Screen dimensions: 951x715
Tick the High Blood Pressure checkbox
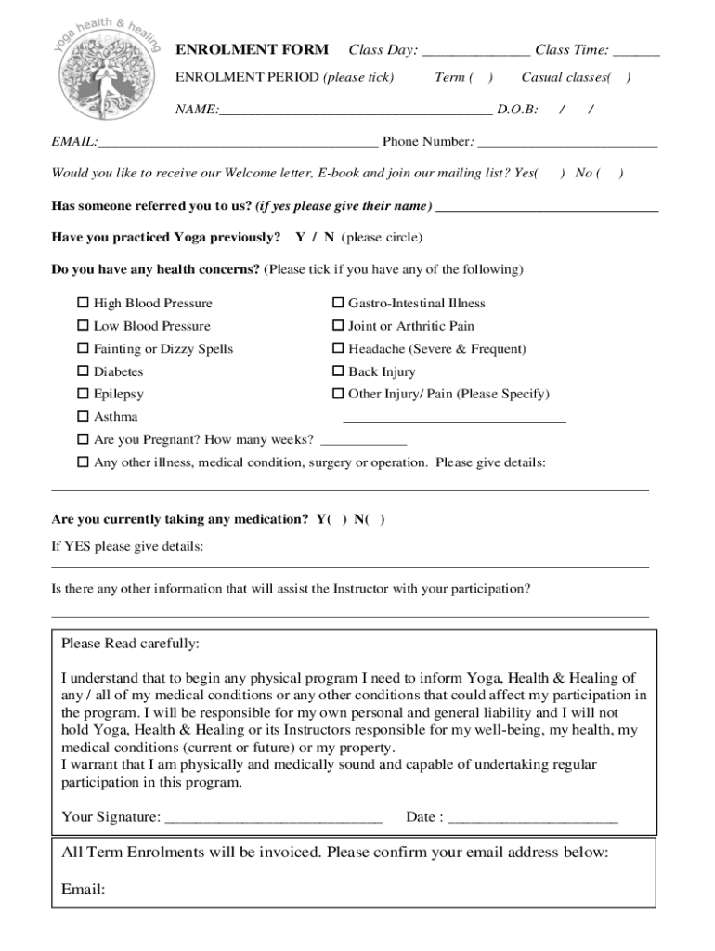[83, 303]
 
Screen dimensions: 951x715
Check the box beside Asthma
[83, 417]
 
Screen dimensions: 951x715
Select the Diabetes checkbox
[83, 371]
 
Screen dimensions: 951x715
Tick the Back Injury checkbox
[339, 371]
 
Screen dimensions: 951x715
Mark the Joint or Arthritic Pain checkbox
[339, 326]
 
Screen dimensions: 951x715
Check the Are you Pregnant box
[83, 439]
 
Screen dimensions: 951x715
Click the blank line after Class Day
[475, 52]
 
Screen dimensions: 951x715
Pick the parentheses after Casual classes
[619, 78]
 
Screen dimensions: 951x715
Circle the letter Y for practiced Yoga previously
[301, 238]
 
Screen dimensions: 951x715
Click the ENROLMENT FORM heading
[252, 49]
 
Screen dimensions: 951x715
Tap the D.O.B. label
[517, 110]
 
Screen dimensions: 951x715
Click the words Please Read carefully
[130, 644]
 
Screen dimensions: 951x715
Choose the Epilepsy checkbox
[83, 394]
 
